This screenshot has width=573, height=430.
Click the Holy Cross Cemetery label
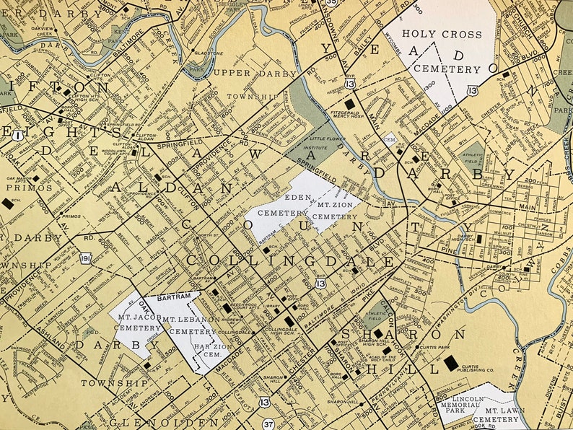[441, 52]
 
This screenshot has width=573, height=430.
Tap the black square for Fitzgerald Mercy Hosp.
[350, 105]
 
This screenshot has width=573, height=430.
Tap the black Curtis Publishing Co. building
[452, 363]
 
